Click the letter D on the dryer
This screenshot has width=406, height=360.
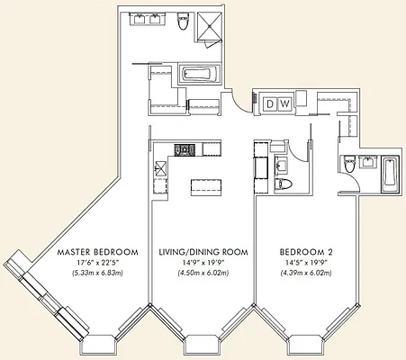270,104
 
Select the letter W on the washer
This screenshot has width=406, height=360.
284,104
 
